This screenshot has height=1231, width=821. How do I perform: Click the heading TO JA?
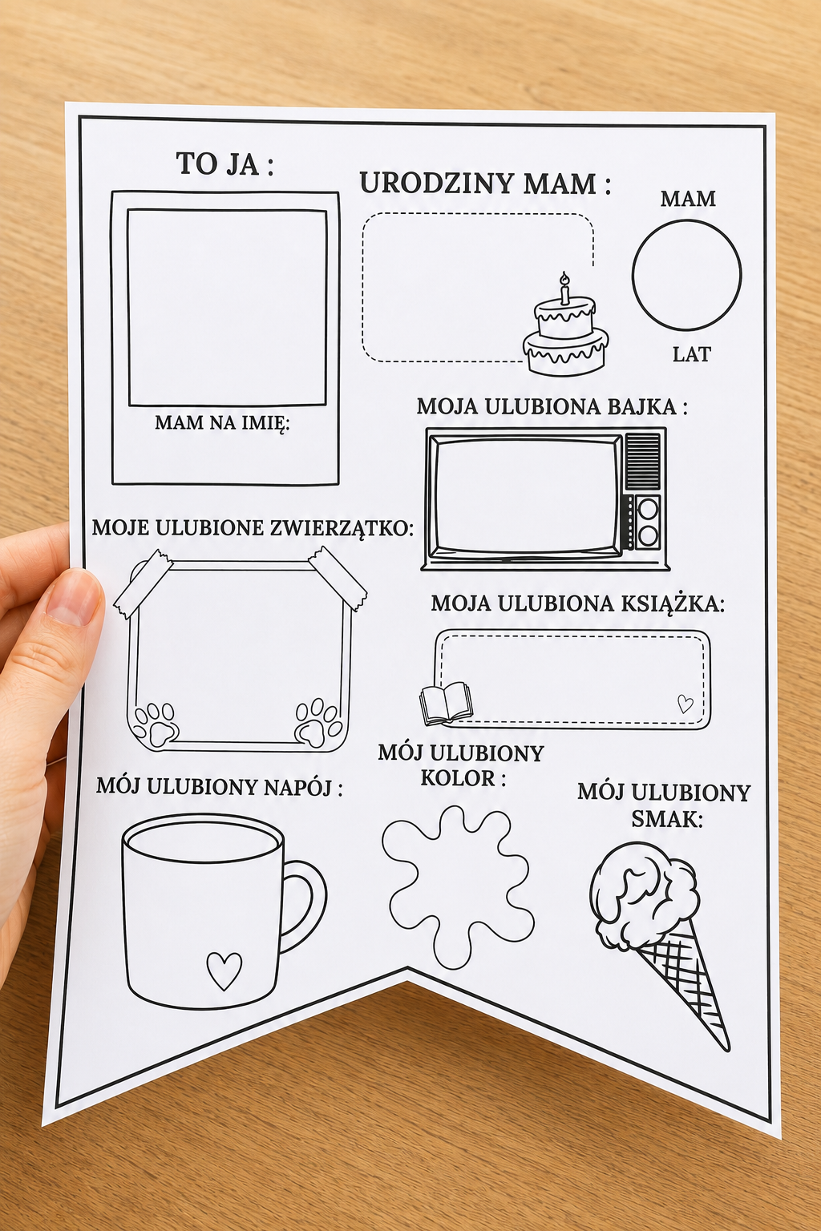(224, 163)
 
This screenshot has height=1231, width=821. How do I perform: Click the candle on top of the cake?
(564, 288)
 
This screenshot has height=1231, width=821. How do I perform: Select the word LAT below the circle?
(692, 354)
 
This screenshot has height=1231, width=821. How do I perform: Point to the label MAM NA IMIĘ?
(222, 422)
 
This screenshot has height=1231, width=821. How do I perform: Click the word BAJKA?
(650, 406)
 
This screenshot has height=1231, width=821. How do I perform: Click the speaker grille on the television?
(643, 461)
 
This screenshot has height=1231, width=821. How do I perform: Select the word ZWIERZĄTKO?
(341, 528)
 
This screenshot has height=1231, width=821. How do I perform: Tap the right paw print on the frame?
(317, 722)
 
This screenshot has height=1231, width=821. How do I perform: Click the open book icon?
(446, 702)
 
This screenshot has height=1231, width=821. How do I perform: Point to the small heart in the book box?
(685, 704)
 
